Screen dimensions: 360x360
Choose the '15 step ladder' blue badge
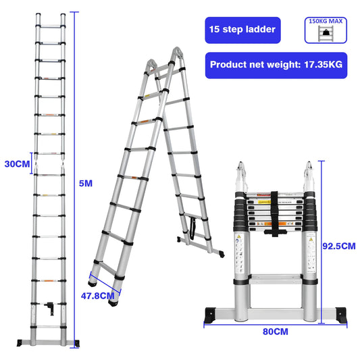pyautogui.click(x=242, y=30)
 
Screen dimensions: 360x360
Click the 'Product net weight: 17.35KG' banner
pyautogui.click(x=276, y=66)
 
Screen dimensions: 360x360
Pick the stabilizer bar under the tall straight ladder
pyautogui.click(x=49, y=342)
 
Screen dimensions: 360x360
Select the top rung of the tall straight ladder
pyautogui.click(x=49, y=26)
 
